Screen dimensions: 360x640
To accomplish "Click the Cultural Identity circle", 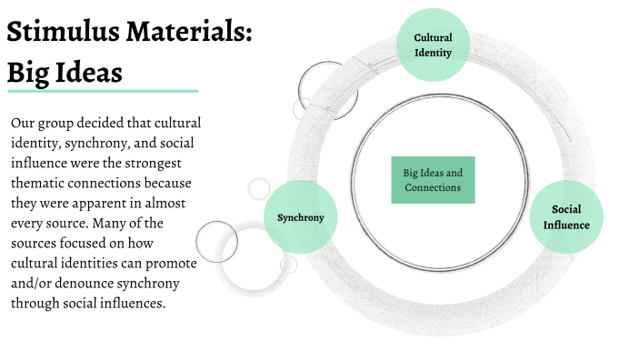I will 434,45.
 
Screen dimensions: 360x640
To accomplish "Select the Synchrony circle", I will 300,217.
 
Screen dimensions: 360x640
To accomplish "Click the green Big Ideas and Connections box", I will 433,180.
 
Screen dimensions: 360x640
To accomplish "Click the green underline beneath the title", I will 102,91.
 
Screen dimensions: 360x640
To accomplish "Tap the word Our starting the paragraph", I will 23,124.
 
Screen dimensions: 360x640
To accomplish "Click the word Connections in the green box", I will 433,187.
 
